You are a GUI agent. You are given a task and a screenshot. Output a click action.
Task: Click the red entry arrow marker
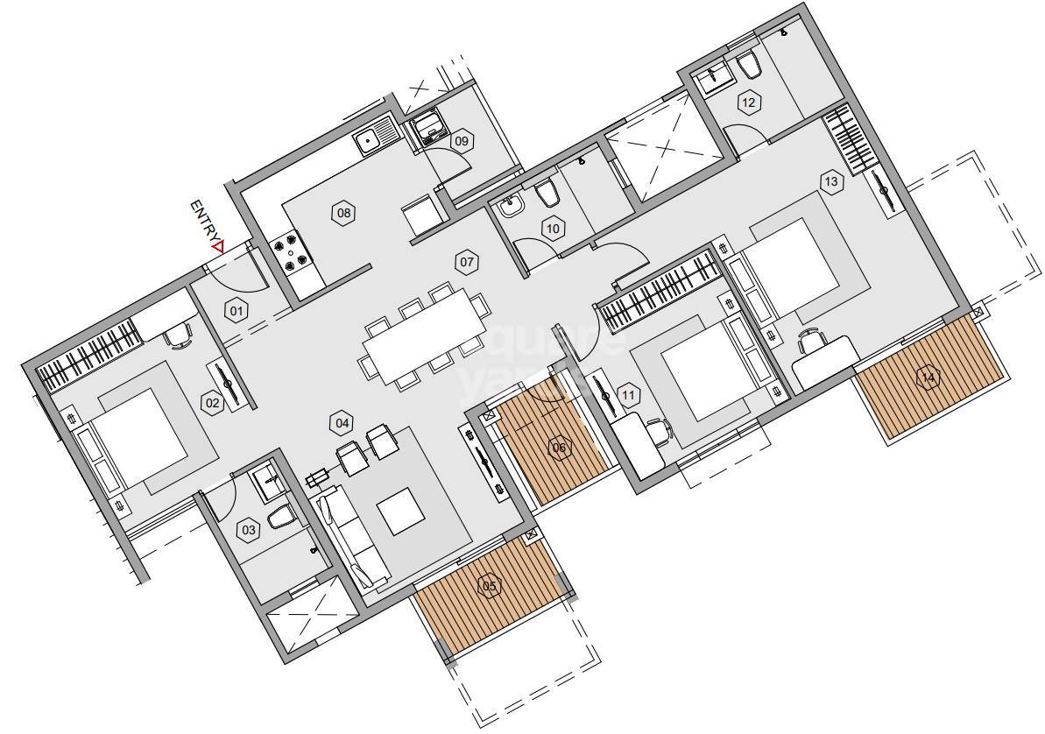[217, 247]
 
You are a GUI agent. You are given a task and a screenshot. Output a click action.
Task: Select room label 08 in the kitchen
[343, 213]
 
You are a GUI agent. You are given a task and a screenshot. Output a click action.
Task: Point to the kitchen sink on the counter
[371, 139]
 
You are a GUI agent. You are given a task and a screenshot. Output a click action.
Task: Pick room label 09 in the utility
[462, 140]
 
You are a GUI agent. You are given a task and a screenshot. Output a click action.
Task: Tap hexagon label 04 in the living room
[342, 423]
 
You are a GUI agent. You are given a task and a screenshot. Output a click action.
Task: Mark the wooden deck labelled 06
[560, 449]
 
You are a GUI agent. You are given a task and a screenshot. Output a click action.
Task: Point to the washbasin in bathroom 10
[511, 208]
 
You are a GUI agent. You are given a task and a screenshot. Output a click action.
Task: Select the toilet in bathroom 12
[750, 67]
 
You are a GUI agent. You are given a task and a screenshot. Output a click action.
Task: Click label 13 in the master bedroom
[830, 181]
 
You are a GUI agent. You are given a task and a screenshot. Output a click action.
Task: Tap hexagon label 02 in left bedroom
[211, 403]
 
